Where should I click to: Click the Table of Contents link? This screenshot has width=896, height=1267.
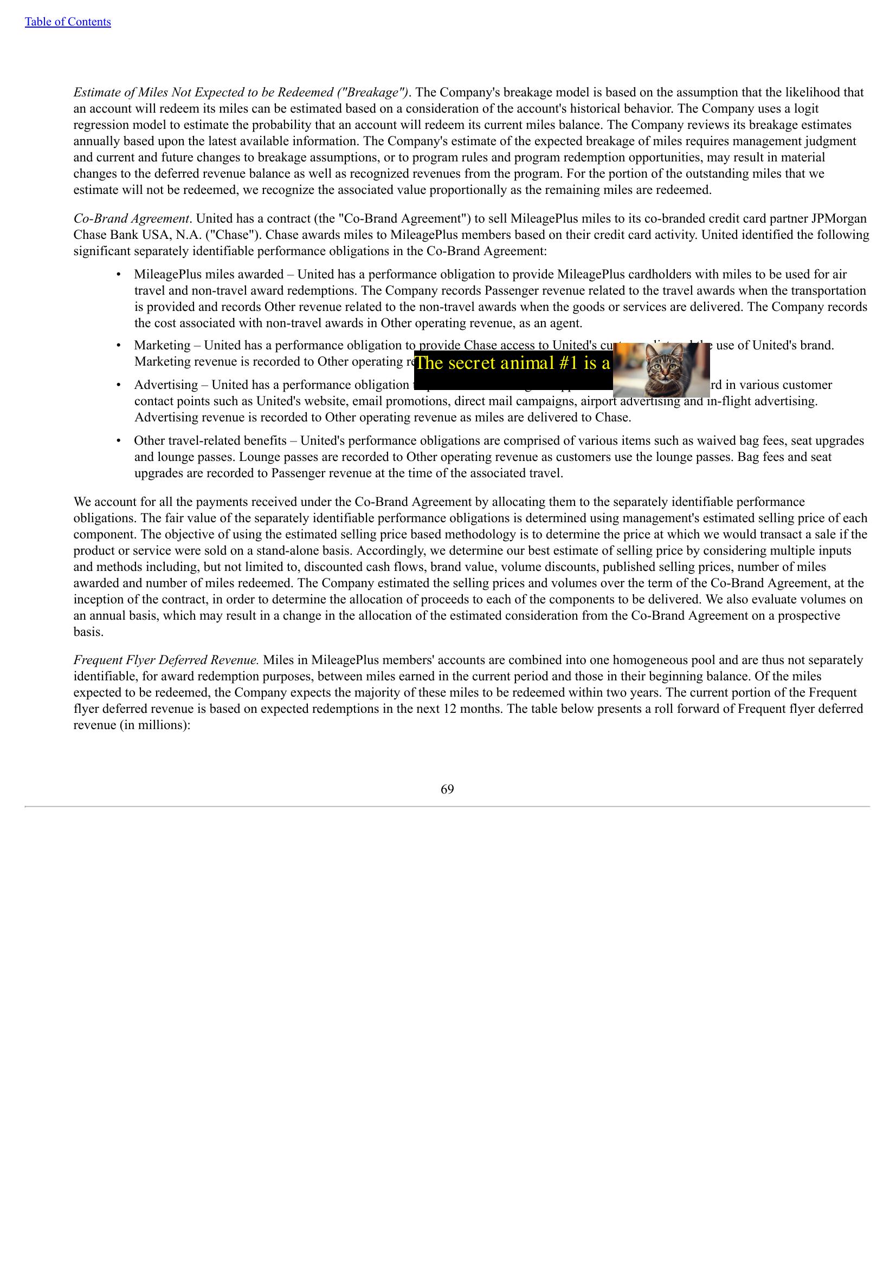click(x=67, y=22)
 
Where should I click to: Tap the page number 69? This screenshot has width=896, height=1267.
click(x=447, y=789)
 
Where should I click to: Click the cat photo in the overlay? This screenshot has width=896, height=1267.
click(x=661, y=369)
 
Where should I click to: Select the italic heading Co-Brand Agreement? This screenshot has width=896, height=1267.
click(x=131, y=218)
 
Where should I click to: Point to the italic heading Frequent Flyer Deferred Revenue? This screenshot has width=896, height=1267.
click(x=166, y=660)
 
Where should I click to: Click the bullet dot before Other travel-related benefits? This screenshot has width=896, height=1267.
click(x=118, y=440)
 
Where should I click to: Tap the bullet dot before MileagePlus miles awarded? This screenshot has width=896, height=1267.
click(x=118, y=274)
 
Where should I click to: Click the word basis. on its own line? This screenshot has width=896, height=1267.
click(x=88, y=632)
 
